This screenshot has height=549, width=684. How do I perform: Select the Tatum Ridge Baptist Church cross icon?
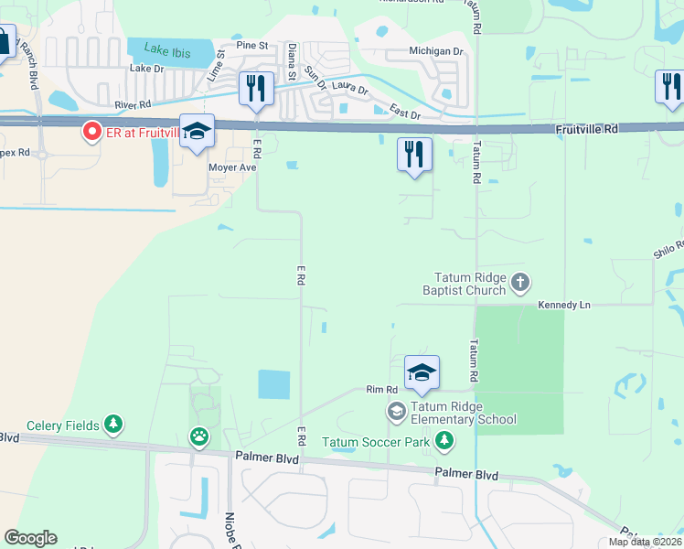point(520,282)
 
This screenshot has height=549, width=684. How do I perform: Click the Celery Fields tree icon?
point(112,424)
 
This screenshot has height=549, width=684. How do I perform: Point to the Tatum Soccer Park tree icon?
point(444,442)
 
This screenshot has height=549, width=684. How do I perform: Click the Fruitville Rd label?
point(586,130)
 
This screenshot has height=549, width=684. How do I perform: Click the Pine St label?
point(251,44)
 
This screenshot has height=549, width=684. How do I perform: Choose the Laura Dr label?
point(349,90)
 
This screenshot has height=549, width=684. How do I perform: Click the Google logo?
point(30,537)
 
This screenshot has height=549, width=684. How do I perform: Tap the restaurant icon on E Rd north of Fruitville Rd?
point(255,89)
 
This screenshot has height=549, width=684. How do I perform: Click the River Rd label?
point(133,105)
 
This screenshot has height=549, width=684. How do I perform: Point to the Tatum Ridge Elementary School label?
point(463,414)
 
